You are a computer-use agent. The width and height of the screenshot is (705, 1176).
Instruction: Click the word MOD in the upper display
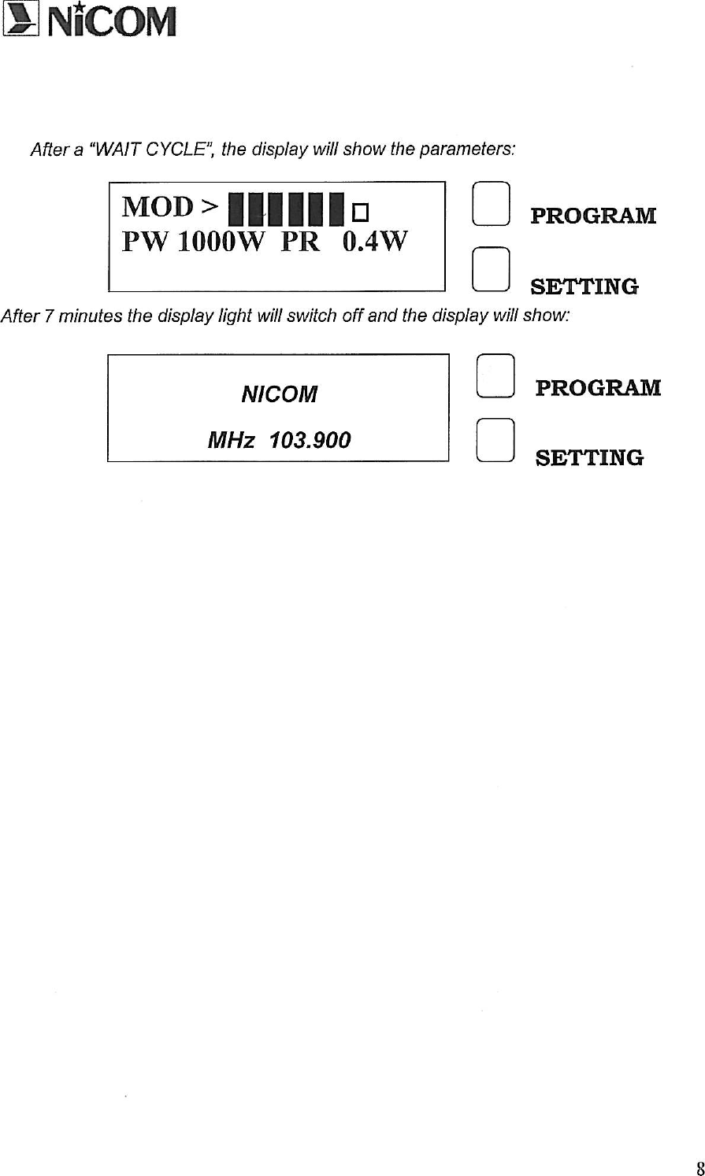point(158,207)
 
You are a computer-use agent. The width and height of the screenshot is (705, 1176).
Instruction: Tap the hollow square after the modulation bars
point(361,212)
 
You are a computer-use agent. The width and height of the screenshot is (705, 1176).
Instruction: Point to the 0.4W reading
point(375,242)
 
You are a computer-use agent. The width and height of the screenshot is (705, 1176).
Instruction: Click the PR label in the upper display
point(299,242)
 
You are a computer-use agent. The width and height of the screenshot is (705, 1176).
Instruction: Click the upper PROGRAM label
point(593,216)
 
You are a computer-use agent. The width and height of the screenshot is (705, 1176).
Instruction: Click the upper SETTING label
point(584,286)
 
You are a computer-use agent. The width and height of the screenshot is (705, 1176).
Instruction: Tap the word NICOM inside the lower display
point(279,394)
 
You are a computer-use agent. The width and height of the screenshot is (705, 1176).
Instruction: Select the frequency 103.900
point(310,440)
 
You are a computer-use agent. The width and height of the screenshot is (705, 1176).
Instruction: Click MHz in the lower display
point(230,440)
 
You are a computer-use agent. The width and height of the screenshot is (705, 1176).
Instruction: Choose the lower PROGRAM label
point(598,388)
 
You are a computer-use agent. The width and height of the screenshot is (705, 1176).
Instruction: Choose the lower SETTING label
point(589,457)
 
